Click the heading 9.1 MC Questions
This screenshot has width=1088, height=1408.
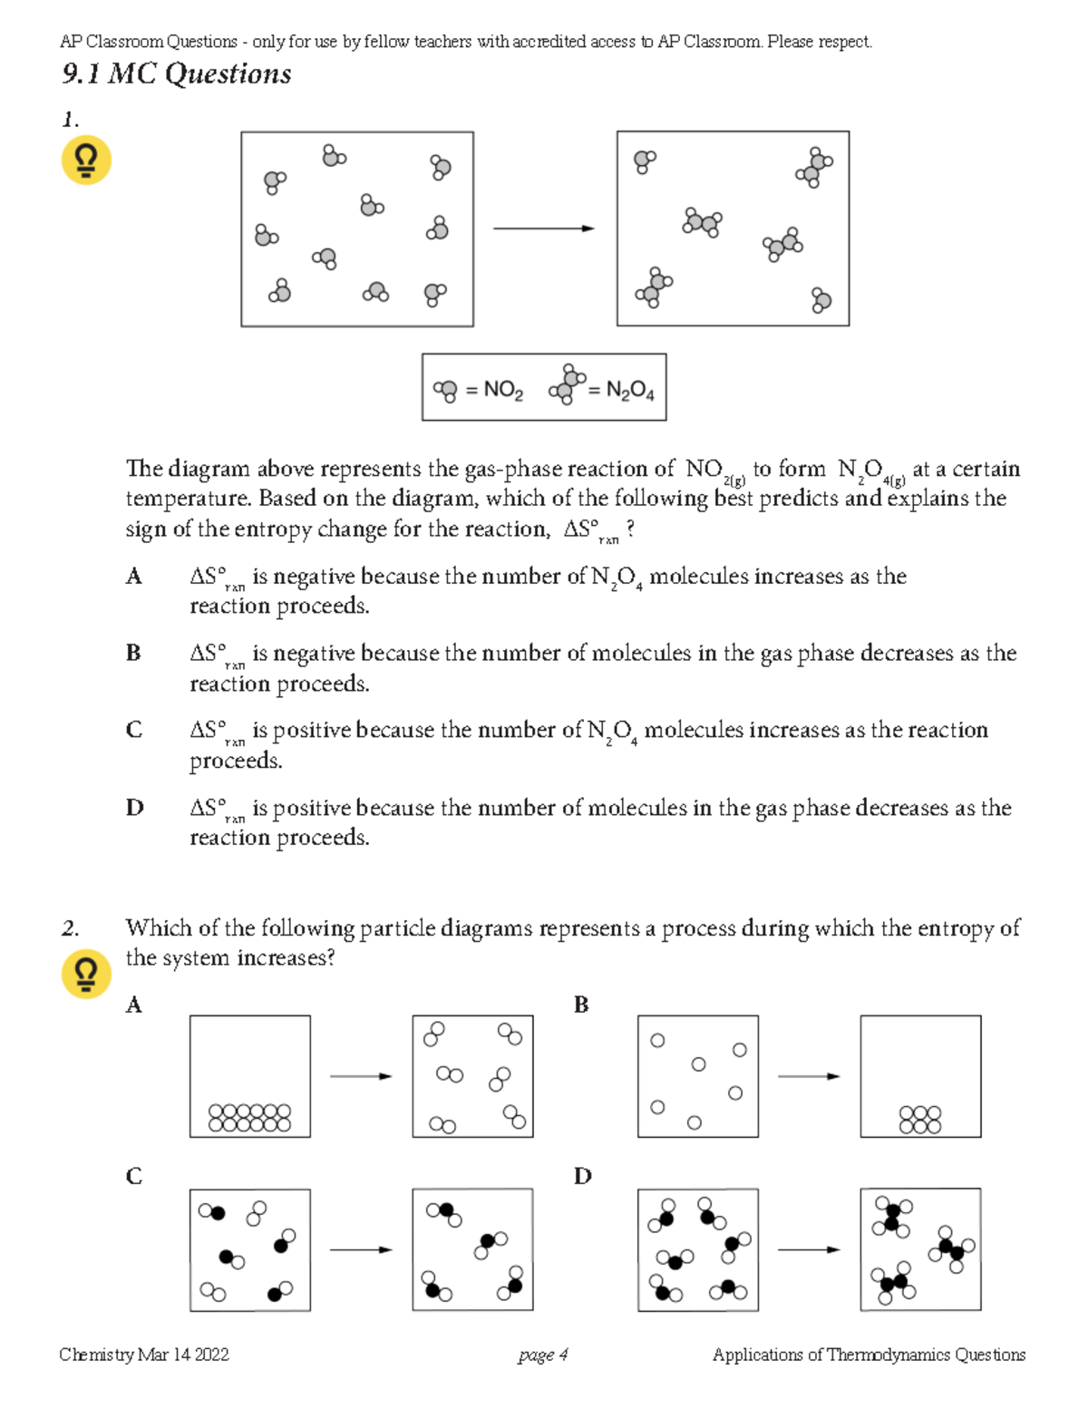(x=177, y=73)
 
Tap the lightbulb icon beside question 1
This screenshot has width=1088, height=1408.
(x=86, y=160)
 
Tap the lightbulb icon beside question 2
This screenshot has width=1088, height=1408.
(x=86, y=974)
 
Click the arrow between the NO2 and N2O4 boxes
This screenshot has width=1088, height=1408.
(x=544, y=228)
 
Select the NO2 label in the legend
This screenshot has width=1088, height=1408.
(x=503, y=390)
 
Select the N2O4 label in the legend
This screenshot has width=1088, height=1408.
(x=629, y=390)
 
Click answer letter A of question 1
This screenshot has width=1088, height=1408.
(x=134, y=577)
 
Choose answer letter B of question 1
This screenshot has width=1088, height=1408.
(x=134, y=653)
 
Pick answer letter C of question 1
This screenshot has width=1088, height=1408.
(x=134, y=730)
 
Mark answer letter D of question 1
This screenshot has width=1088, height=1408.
(x=134, y=807)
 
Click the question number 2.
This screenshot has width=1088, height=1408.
(x=70, y=928)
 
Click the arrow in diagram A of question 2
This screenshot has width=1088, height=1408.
(x=361, y=1076)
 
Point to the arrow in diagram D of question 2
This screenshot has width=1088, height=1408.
(x=809, y=1249)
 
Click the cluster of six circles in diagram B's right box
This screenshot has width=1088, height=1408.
(x=920, y=1120)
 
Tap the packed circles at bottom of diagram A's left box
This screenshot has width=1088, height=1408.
(x=249, y=1117)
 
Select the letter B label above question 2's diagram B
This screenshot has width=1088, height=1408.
(x=581, y=1005)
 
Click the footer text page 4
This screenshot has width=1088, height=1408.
(x=543, y=1355)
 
